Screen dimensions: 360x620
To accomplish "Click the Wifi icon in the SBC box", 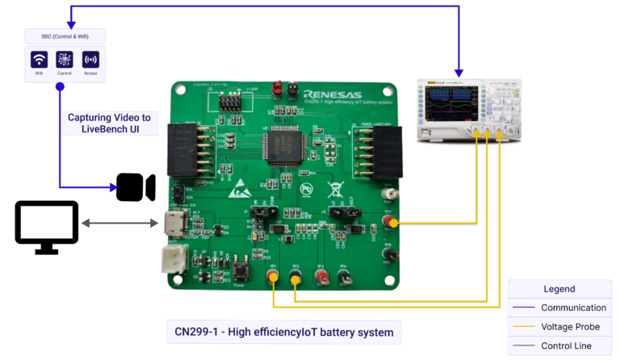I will click(x=39, y=60).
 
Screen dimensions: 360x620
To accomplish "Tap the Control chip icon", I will click(x=65, y=60).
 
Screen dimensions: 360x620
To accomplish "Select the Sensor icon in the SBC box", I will click(x=90, y=60).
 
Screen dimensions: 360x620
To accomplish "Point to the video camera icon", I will click(x=136, y=187).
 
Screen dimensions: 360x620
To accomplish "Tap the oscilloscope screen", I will click(x=448, y=106).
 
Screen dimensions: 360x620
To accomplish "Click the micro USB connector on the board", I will click(x=172, y=225).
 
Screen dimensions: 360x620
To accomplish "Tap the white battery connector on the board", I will click(x=173, y=258).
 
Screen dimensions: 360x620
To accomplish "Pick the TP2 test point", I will click(x=295, y=278).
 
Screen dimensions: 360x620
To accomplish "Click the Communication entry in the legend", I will click(x=573, y=308).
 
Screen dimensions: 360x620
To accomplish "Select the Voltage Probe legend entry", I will click(x=573, y=327).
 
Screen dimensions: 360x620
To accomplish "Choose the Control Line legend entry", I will click(x=566, y=345).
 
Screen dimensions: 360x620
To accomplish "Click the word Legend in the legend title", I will click(x=559, y=289).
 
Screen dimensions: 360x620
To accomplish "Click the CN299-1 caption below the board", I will click(x=283, y=332).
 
